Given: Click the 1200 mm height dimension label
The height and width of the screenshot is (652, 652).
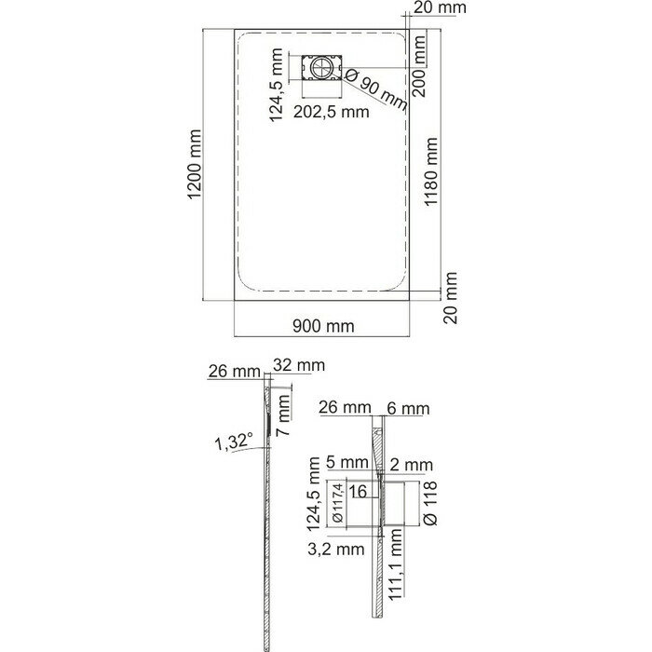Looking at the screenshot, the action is tap(194, 165).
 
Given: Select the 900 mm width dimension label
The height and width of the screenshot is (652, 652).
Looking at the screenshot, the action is tap(323, 326).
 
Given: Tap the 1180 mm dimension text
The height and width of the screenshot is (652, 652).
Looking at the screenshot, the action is tap(430, 171).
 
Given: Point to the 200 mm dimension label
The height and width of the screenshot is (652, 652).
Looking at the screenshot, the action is tap(419, 66).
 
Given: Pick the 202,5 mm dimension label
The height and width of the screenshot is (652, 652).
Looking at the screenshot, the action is tap(331, 112).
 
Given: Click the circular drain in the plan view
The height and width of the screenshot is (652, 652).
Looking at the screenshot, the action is tap(321, 67).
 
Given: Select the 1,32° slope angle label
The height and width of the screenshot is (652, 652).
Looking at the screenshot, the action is tap(234, 442).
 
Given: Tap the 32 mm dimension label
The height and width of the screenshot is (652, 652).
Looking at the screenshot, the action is tap(299, 365).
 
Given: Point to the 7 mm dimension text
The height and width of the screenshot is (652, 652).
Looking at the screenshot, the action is tap(283, 415).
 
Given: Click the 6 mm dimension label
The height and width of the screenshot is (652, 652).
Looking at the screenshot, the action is tap(408, 409).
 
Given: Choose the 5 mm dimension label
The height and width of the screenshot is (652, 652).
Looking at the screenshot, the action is tap(347, 462).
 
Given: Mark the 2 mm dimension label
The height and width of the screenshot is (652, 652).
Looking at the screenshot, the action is tap(412, 465).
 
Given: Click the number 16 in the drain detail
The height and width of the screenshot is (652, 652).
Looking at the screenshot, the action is tap(358, 492).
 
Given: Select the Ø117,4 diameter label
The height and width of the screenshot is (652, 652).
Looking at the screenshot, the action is tap(337, 504).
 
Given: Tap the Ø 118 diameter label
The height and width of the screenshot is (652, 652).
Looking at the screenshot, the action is tap(429, 504).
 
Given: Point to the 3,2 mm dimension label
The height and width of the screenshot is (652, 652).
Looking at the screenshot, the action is tap(336, 550).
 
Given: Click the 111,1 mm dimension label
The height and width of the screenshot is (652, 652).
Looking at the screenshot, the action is tap(396, 564).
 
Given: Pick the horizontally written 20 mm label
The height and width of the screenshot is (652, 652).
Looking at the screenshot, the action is tap(440, 7).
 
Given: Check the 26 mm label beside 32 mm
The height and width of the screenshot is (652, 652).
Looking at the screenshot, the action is tap(234, 371).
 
